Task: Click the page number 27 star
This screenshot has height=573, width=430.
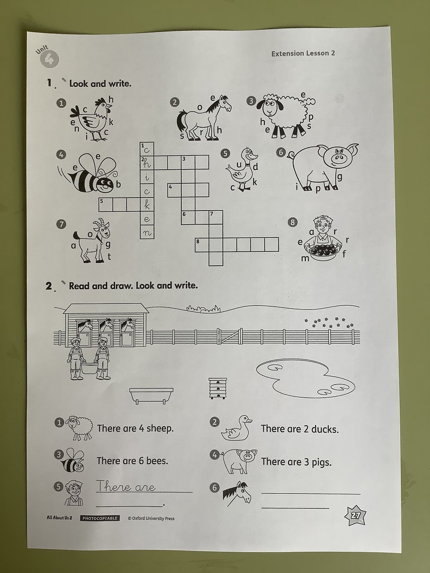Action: [x=355, y=516]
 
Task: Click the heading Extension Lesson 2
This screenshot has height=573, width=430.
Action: [x=303, y=53]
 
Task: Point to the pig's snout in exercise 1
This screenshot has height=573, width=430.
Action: [x=338, y=158]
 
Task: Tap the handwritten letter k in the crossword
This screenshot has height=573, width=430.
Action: [x=147, y=205]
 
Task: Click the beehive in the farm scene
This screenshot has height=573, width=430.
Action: [x=218, y=388]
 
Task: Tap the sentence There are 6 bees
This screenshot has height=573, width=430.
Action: [x=132, y=461]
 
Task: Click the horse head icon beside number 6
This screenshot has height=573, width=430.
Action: [x=237, y=494]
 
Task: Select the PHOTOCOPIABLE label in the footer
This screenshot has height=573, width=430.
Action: [x=100, y=518]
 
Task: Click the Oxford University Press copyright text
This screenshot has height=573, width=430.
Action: [x=151, y=518]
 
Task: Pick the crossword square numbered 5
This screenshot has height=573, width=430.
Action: [x=106, y=204]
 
